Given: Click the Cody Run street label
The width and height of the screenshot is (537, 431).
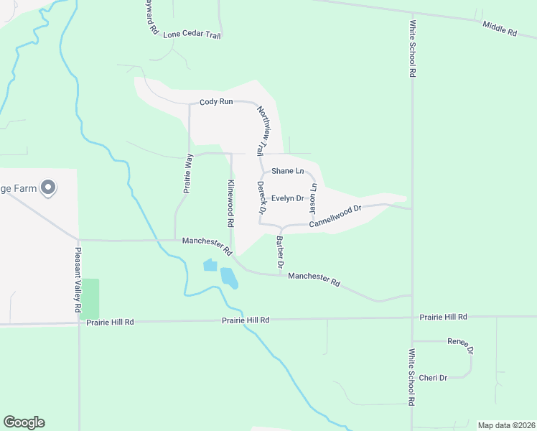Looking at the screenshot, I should pos(216,102).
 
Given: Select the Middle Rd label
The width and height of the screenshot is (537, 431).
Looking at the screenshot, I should pos(500,29).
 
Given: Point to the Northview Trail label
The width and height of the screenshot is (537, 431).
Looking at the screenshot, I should pos(263,129).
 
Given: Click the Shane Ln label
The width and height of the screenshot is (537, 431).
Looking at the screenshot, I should pos(287,171).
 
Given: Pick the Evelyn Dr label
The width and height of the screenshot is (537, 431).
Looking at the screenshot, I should pos(288,198).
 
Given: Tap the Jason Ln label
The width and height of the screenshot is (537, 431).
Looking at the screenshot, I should pos(312,198).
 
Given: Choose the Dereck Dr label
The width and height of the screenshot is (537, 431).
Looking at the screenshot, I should pos(261,198).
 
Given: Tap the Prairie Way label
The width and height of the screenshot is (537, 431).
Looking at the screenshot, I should pos(189,175).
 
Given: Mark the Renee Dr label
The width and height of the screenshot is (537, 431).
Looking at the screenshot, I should pos(460,345).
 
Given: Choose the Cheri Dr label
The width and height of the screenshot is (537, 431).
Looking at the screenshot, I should pos(433,378).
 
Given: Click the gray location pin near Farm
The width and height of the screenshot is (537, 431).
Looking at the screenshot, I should pos(48,188).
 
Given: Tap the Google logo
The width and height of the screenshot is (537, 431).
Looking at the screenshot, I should pos(24,422).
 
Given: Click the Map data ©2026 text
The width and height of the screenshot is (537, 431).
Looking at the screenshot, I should pos(506,425).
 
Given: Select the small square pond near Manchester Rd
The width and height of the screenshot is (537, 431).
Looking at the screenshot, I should pos(210,265).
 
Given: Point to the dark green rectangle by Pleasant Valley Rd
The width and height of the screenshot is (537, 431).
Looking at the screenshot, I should pos(90,299).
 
